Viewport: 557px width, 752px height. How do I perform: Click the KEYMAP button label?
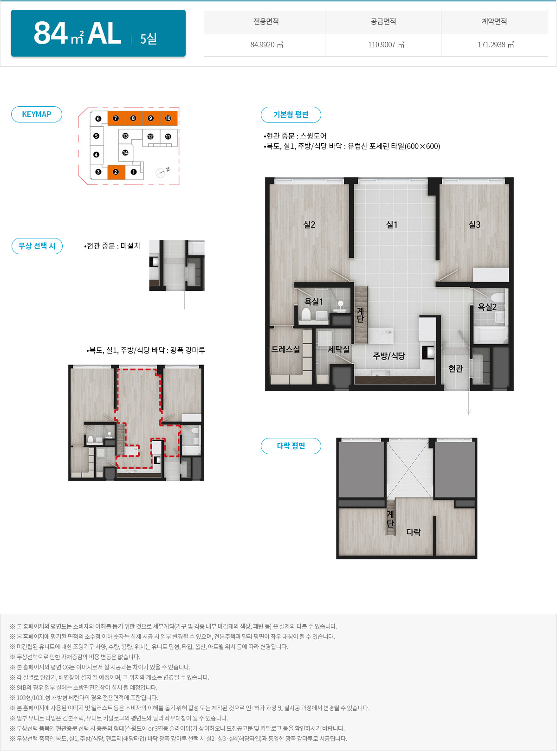tap(37, 114)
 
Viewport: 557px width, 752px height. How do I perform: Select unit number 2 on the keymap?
tap(116, 172)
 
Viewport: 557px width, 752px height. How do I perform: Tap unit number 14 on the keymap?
tap(125, 153)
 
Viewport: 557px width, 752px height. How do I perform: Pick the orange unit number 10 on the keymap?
tap(168, 118)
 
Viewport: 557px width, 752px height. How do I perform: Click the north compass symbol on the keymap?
tap(162, 172)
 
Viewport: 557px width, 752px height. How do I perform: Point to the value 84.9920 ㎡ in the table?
tap(266, 45)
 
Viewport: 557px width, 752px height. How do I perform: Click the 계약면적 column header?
tap(494, 21)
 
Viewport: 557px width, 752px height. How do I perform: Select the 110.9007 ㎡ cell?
tap(386, 45)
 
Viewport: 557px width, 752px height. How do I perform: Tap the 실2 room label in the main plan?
tap(309, 225)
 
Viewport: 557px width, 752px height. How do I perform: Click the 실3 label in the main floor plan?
tap(474, 225)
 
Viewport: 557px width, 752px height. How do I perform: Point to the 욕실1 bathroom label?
tap(313, 302)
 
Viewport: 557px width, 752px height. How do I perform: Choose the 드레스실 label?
tap(285, 349)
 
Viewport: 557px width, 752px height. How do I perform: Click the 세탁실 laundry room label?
tap(338, 349)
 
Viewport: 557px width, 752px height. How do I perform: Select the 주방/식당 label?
tap(389, 356)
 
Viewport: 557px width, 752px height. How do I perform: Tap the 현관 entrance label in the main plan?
tap(455, 368)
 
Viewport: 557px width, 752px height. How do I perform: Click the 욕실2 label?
tap(487, 307)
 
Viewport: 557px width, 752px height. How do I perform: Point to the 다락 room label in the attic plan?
tap(414, 532)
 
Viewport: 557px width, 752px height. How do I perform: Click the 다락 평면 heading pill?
tap(291, 446)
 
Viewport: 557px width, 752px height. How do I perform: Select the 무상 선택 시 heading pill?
tap(37, 246)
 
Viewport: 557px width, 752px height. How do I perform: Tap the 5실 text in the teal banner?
tap(149, 39)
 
